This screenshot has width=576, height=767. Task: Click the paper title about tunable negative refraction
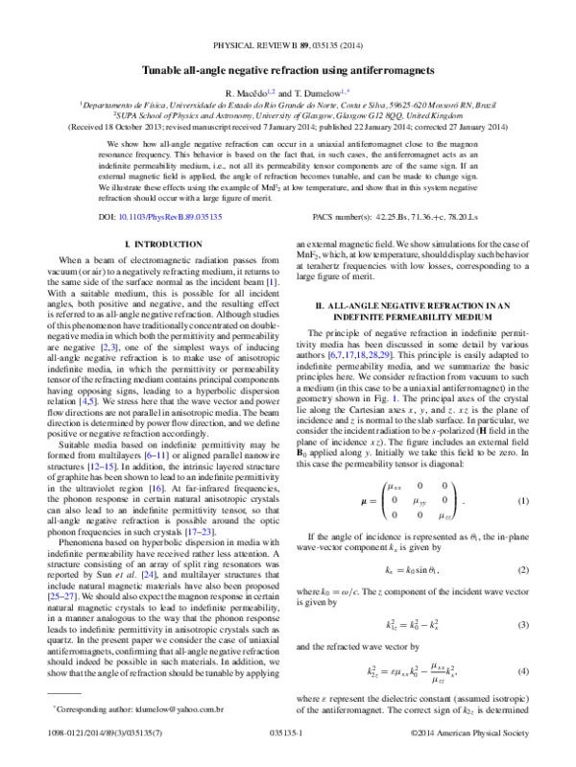tap(288, 71)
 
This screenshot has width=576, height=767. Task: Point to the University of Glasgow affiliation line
tap(288, 114)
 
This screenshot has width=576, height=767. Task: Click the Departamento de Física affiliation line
tap(288, 103)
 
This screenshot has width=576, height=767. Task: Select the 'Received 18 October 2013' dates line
tap(288, 126)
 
